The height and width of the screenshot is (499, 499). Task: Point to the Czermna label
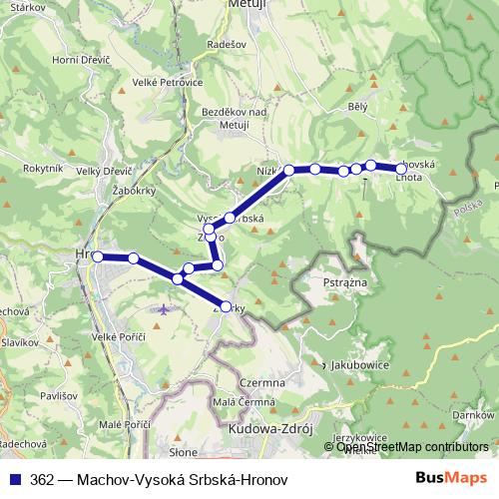pyautogui.click(x=262, y=382)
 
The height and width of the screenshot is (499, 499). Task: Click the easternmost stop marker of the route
pyautogui.click(x=401, y=169)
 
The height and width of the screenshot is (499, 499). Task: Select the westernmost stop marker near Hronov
pyautogui.click(x=98, y=256)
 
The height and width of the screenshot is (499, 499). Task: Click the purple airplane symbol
pyautogui.click(x=164, y=309)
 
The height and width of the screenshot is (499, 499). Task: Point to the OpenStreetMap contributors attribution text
pyautogui.click(x=412, y=447)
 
